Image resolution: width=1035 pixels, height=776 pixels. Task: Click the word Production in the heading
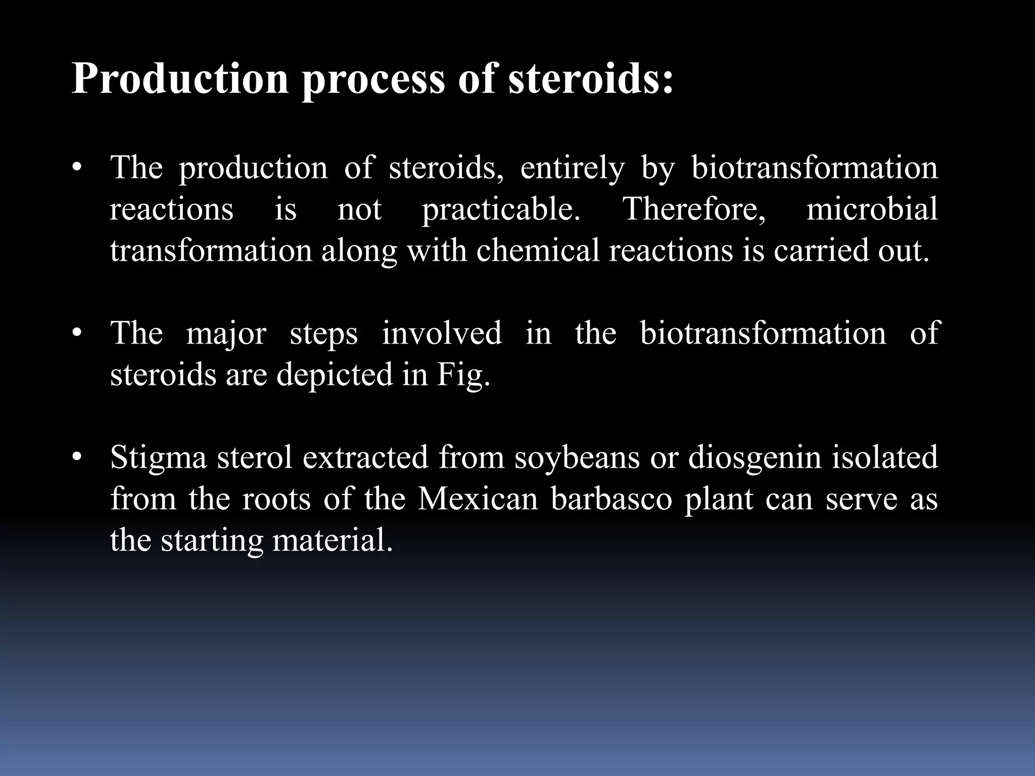tap(180, 79)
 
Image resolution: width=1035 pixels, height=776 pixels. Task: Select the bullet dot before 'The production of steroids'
tap(76, 168)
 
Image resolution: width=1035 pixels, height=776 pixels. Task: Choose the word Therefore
tap(695, 209)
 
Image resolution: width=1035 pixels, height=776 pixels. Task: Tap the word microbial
tap(872, 209)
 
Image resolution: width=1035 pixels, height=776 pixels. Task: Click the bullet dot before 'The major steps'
tap(76, 333)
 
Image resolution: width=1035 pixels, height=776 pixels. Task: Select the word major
tap(226, 334)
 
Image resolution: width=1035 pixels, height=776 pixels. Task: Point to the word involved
tap(442, 333)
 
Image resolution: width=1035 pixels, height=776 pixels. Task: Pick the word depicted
tap(335, 376)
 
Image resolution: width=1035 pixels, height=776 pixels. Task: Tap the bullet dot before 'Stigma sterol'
tap(76, 458)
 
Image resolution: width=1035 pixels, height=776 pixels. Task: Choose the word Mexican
tap(478, 499)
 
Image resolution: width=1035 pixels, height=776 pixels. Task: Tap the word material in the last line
tap(332, 541)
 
